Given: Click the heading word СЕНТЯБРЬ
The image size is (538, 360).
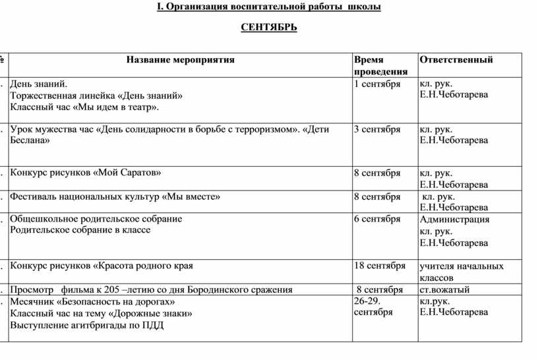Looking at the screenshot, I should coord(268,28).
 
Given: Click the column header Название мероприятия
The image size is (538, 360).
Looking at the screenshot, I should coord(181,59).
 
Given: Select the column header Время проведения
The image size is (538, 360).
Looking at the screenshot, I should coord(380,65).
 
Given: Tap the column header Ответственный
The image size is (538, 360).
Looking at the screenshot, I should coord(456,59).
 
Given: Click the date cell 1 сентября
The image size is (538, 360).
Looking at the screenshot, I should coord(377,84).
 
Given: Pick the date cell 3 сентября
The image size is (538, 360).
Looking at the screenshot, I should coord(377,129).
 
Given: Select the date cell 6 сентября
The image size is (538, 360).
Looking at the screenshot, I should coord(377,219).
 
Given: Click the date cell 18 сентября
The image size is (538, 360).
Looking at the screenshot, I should coord(380,266).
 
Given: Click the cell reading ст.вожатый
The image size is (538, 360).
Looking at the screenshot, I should coord(444,289).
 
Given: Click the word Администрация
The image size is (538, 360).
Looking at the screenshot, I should coord(454,220).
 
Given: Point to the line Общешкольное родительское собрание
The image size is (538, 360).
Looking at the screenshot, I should coord(96,219).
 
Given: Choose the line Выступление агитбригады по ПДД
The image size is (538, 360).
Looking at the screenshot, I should coord(87,325).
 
